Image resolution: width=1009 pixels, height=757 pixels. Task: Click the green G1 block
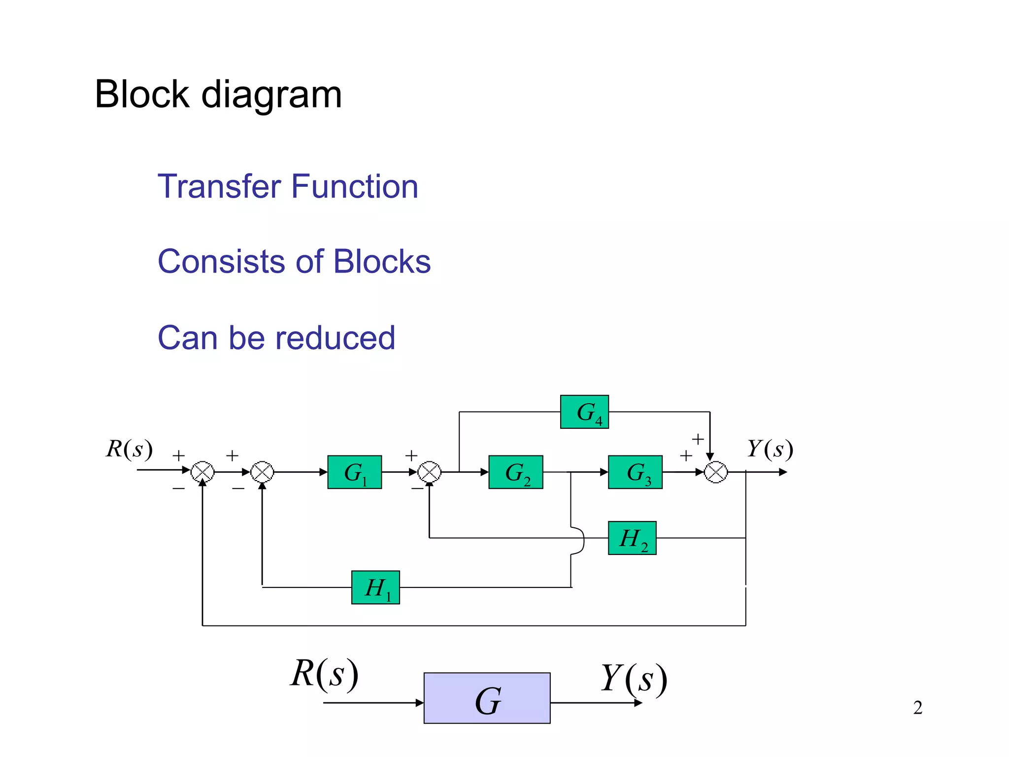point(354,472)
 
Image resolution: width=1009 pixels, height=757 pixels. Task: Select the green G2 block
point(515,472)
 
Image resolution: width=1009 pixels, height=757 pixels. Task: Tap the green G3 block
point(635,472)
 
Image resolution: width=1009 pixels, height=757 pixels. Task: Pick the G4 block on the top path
point(584,412)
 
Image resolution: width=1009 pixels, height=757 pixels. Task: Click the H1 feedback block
point(375,587)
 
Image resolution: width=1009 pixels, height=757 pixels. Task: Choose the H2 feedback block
point(632,538)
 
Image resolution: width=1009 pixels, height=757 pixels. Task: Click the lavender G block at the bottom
point(487,698)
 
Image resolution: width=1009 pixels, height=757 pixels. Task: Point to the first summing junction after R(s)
point(202,472)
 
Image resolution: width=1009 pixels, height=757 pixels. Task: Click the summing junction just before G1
point(262,472)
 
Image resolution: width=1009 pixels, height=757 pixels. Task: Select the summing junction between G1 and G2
point(430,472)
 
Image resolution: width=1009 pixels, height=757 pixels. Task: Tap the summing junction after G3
point(715,472)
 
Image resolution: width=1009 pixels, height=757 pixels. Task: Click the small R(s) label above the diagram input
point(129,449)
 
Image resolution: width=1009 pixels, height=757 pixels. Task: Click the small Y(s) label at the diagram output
point(770,449)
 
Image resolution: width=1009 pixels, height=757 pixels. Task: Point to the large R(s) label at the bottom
point(324,674)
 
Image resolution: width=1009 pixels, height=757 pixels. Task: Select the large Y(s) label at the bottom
point(634,679)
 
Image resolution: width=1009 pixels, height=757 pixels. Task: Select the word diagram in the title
point(271,95)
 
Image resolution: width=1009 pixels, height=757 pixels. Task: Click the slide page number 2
point(917,708)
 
